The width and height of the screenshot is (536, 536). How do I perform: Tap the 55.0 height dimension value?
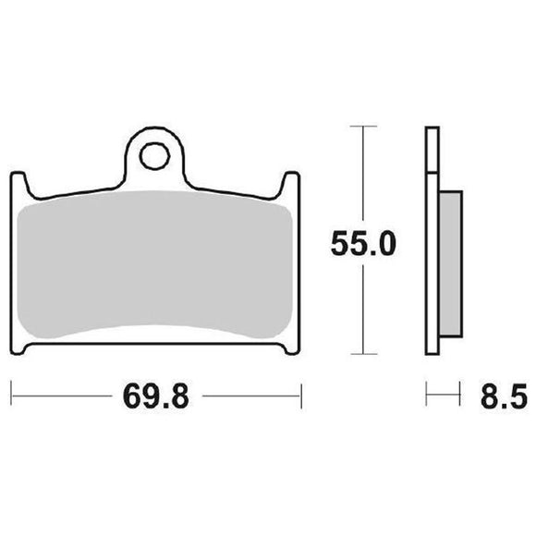(x=364, y=244)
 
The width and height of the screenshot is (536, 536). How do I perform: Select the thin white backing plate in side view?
(x=431, y=240)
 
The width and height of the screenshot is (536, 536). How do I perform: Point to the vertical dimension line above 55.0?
(x=364, y=176)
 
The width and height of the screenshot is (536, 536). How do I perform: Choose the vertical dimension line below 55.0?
(x=364, y=310)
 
